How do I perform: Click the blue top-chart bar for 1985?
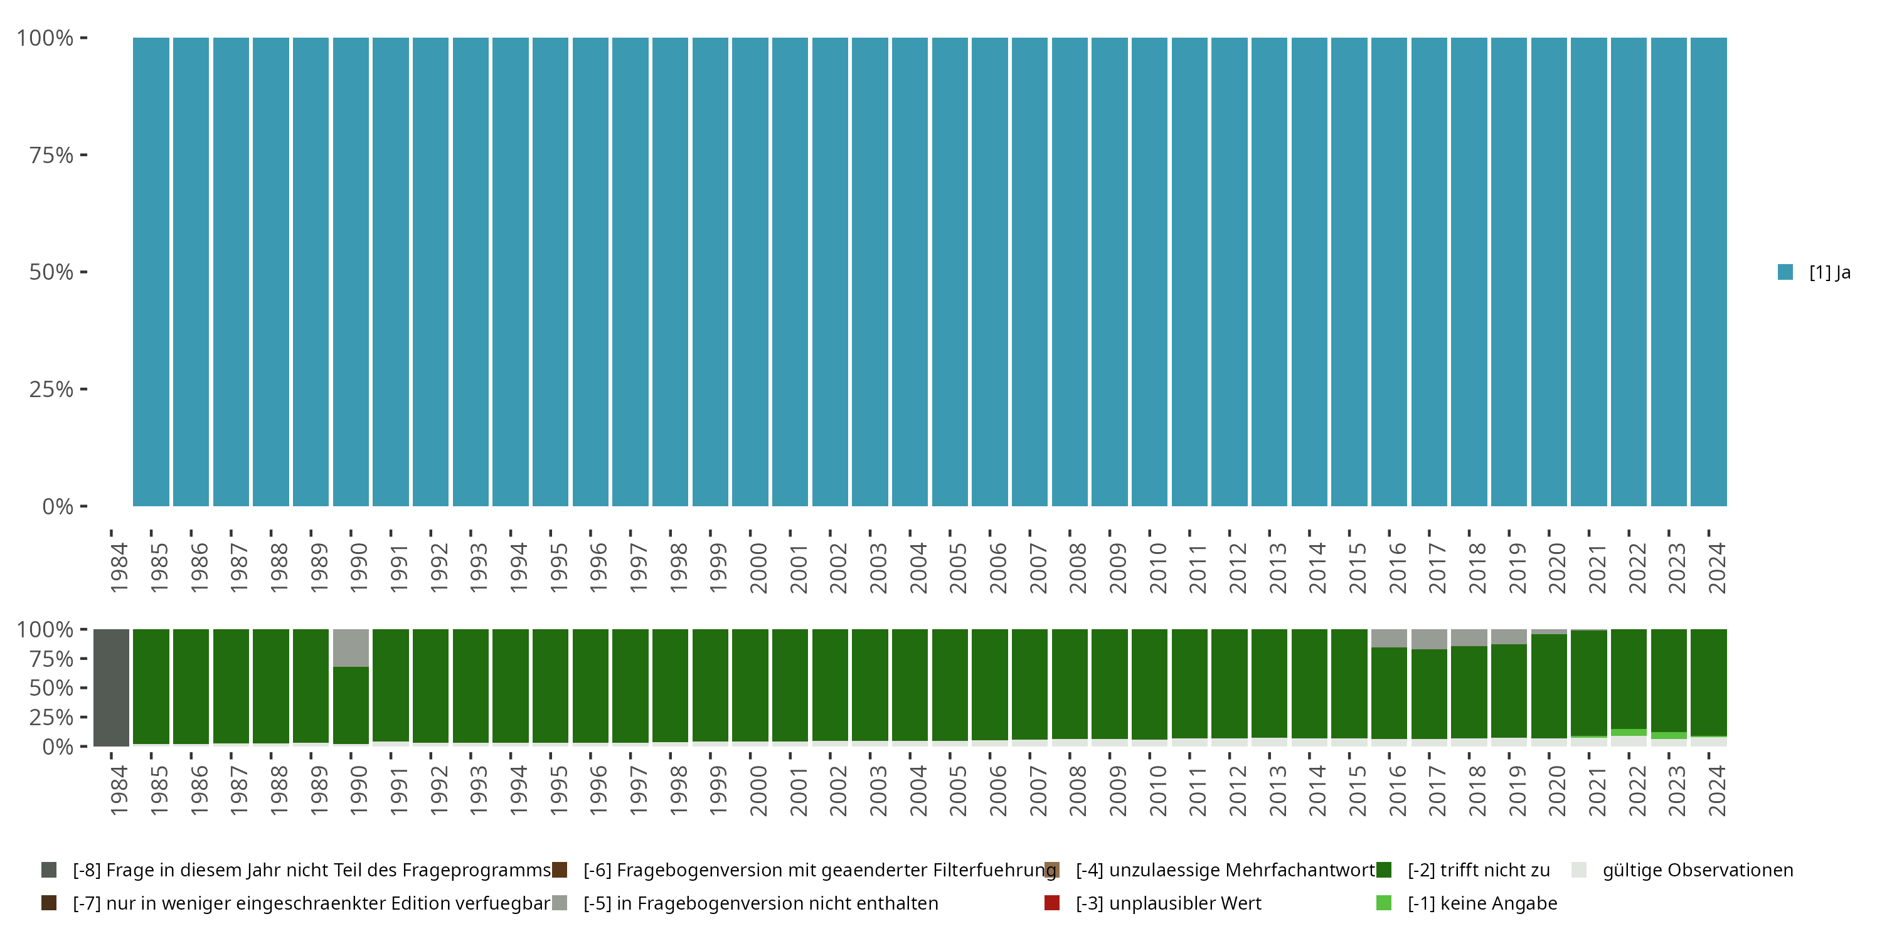point(151,272)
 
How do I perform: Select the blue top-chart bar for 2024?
point(1709,272)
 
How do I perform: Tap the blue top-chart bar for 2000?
point(750,272)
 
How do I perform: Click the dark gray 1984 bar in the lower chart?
point(111,687)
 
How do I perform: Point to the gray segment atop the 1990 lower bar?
point(351,647)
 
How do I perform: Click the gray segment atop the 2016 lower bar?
point(1389,638)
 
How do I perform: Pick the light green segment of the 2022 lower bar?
point(1629,732)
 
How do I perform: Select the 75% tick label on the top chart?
point(51,155)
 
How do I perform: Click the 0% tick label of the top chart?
point(58,506)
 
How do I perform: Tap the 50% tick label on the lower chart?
point(51,688)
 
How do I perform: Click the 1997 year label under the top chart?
point(638,568)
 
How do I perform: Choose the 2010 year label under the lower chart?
point(1157,790)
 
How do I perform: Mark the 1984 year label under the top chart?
point(119,568)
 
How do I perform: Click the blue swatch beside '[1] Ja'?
point(1785,272)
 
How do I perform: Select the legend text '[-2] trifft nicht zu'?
point(1479,870)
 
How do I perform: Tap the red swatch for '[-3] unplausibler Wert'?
point(1052,903)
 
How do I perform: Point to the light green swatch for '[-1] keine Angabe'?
point(1384,903)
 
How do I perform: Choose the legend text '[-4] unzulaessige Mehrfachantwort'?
point(1225,870)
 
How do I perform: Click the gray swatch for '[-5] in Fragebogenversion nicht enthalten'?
point(560,903)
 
